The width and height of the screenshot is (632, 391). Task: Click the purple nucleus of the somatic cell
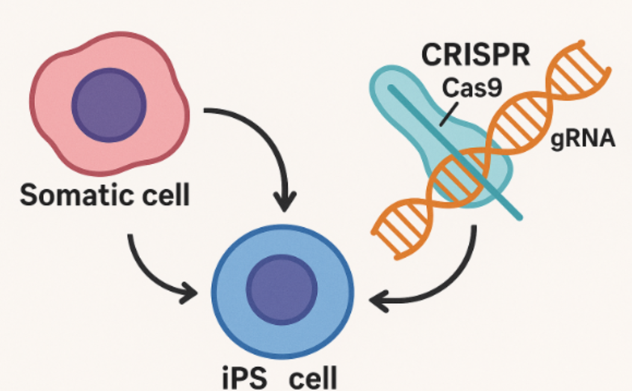108,106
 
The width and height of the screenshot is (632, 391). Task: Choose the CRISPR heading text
476,55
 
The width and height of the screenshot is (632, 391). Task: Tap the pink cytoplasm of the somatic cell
54,138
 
